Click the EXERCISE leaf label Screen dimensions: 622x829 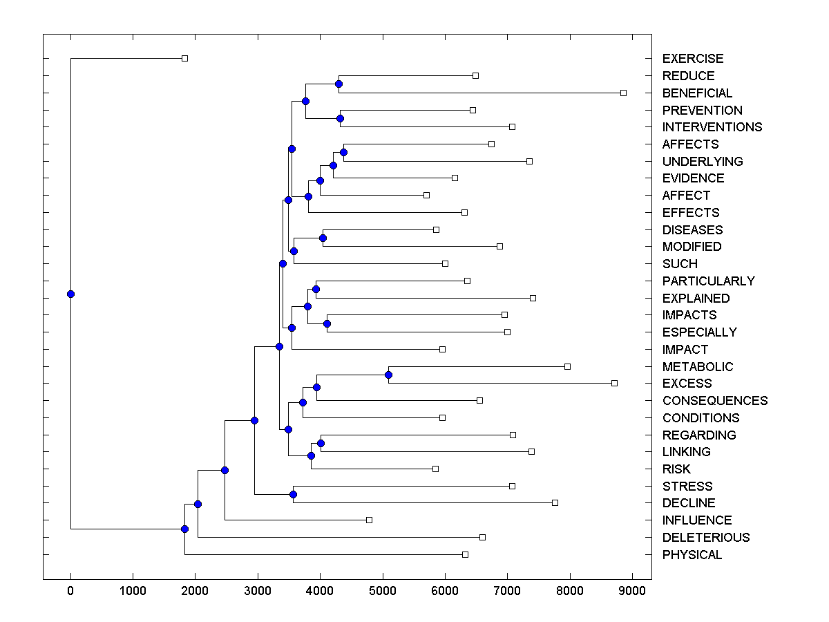click(x=692, y=59)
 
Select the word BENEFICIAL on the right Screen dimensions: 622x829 click(x=697, y=93)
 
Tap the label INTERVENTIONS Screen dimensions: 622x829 click(x=712, y=127)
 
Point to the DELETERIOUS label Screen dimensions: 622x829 click(x=705, y=538)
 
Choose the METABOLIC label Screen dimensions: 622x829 click(x=697, y=367)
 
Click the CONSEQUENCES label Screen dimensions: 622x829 click(x=714, y=401)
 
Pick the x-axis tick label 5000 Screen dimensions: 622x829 click(x=382, y=590)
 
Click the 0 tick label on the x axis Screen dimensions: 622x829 click(x=70, y=590)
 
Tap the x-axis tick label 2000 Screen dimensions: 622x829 click(x=195, y=590)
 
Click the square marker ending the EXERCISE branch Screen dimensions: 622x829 click(x=184, y=58)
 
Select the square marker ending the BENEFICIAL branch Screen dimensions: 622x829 click(x=623, y=93)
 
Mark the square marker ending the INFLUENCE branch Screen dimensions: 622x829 click(x=369, y=520)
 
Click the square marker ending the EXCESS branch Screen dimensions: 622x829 click(x=614, y=383)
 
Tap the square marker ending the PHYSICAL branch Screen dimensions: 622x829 click(x=465, y=554)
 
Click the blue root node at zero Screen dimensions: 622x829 click(x=70, y=294)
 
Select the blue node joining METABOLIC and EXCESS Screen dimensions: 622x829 click(x=388, y=375)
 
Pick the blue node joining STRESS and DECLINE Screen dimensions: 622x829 click(x=293, y=494)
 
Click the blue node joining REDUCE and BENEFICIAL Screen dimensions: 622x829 click(x=339, y=84)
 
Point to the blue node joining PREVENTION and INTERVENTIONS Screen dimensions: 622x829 click(x=340, y=118)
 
